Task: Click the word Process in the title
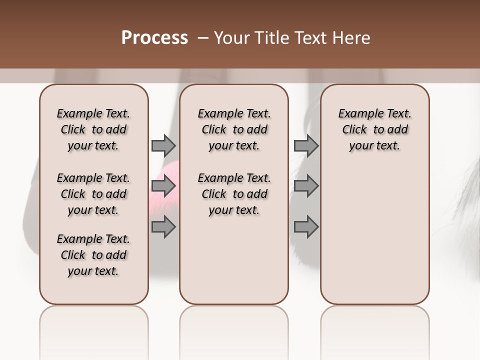[x=154, y=38]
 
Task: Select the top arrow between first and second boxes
[x=163, y=145]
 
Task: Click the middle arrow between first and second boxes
[x=163, y=186]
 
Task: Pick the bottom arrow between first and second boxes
[x=163, y=227]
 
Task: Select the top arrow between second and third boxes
[x=306, y=145]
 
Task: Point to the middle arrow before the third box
[x=306, y=186]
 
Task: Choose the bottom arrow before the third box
[x=306, y=227]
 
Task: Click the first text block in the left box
[x=93, y=129]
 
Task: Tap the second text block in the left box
[x=93, y=194]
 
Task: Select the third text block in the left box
[x=93, y=255]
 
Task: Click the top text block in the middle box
[x=234, y=129]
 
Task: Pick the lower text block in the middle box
[x=234, y=194]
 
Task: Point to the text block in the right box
[x=374, y=129]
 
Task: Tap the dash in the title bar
[x=203, y=38]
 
